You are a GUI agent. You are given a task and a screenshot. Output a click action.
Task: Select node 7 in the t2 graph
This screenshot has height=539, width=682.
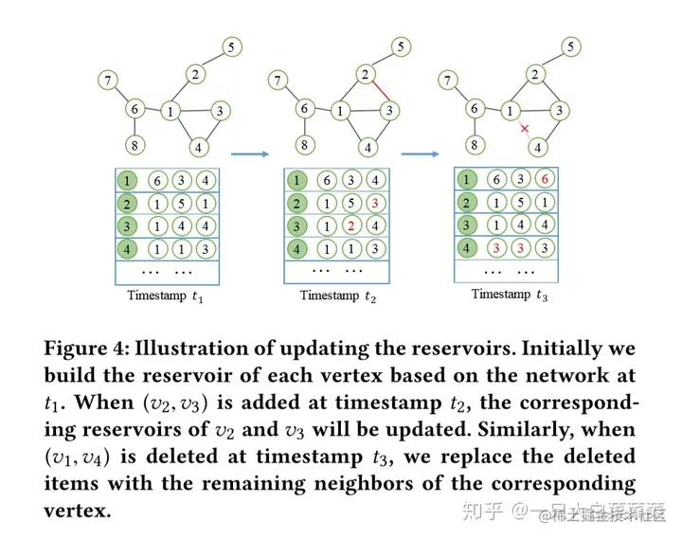(278, 81)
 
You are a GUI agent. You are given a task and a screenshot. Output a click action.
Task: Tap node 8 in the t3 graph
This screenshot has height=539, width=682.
(475, 145)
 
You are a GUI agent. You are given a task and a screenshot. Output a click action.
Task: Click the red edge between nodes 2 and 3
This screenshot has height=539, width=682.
(377, 92)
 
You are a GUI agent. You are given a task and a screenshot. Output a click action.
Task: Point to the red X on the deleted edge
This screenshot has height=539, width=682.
(523, 128)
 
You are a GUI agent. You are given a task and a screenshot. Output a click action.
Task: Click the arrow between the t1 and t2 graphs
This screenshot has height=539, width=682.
(249, 152)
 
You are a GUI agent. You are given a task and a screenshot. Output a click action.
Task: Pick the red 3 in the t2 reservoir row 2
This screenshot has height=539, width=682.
(375, 205)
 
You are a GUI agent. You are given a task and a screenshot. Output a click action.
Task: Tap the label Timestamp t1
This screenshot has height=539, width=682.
(166, 296)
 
